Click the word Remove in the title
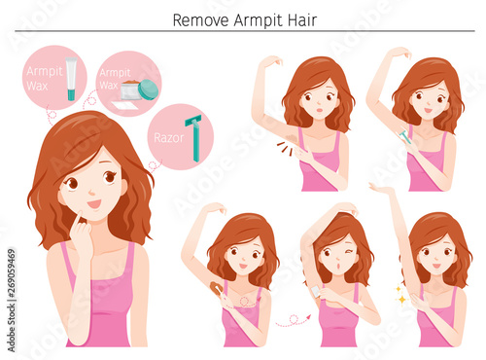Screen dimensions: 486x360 (200, 20)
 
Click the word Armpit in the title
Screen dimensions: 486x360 (259, 20)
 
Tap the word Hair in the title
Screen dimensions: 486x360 (302, 20)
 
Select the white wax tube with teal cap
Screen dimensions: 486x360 (71, 79)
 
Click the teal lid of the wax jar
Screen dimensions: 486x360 (149, 90)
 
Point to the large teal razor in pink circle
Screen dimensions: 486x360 (193, 138)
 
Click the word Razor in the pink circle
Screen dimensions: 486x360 (168, 138)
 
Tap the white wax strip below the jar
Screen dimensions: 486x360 (124, 105)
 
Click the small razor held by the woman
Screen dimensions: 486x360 (405, 137)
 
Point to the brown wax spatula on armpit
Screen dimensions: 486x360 (216, 288)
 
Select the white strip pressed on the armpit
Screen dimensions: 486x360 (315, 291)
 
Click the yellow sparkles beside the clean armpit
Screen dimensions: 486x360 (400, 295)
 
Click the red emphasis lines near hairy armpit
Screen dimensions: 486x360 (285, 148)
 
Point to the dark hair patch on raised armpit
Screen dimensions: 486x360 (293, 137)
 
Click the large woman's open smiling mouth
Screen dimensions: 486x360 (94, 203)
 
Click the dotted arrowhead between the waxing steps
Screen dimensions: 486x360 (308, 316)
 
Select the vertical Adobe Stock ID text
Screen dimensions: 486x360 (12, 300)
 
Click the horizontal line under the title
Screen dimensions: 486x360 (245, 31)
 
